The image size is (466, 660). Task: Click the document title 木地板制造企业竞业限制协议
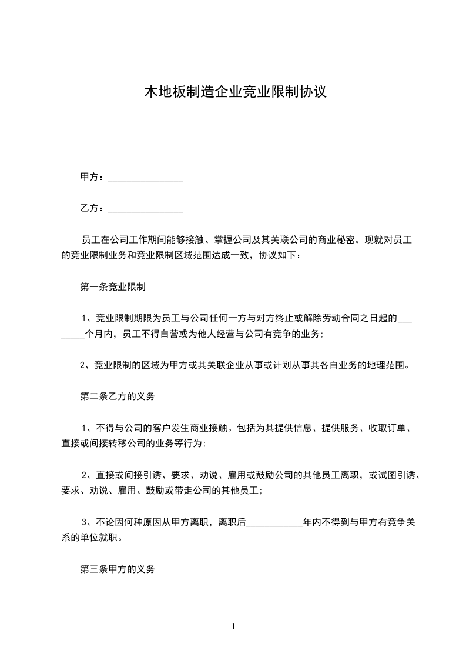click(235, 92)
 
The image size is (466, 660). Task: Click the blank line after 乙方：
click(146, 209)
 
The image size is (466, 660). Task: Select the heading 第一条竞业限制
click(113, 288)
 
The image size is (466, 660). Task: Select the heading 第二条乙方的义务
click(118, 397)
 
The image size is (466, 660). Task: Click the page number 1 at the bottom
click(233, 626)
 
